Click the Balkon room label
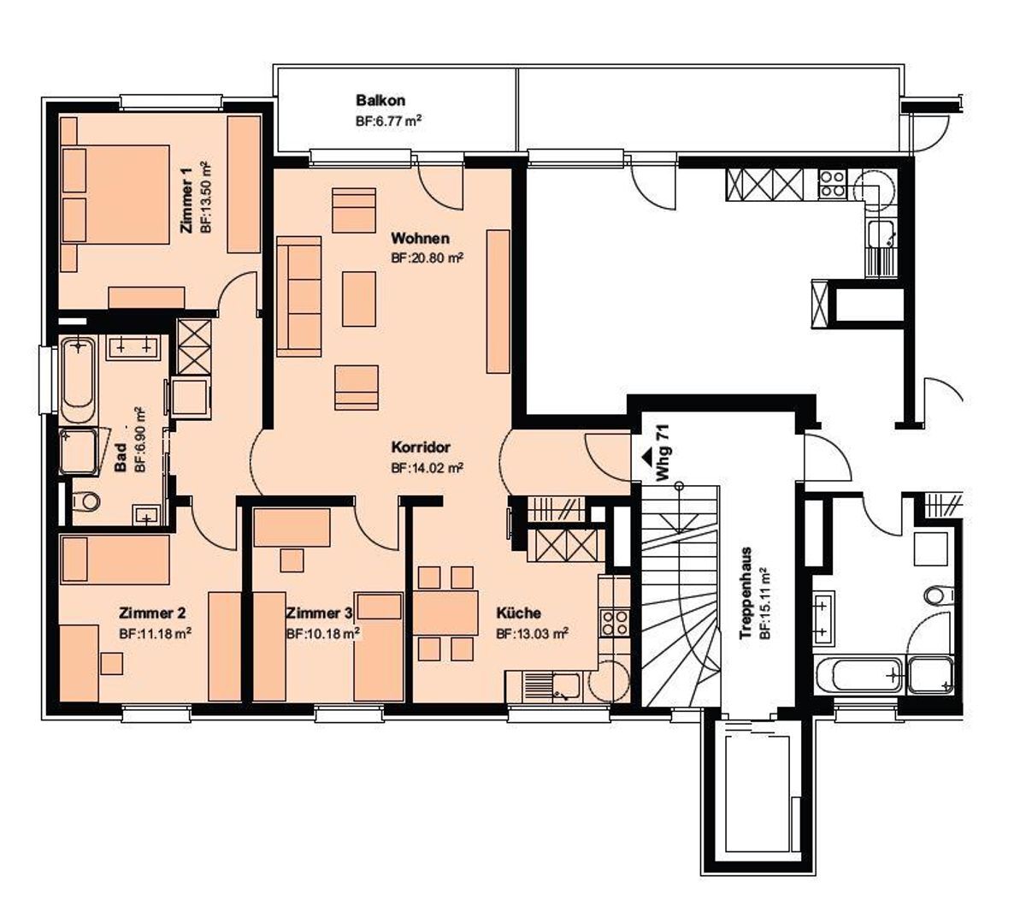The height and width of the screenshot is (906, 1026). [380, 100]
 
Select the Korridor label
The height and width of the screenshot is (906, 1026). [421, 447]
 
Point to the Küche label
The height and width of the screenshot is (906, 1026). [519, 613]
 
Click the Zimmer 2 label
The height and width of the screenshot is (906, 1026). [152, 613]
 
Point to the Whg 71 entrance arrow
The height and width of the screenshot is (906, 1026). [646, 458]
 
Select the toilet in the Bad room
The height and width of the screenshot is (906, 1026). [85, 501]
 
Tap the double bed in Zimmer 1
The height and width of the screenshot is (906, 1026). [115, 194]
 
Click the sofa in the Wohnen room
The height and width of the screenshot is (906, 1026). [299, 296]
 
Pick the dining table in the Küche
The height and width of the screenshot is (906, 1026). [445, 613]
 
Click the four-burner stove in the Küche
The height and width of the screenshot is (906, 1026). [614, 623]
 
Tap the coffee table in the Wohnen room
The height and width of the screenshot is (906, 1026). [359, 299]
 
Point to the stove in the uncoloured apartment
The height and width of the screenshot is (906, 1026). [832, 184]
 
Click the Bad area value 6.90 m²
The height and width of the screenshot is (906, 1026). [140, 440]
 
